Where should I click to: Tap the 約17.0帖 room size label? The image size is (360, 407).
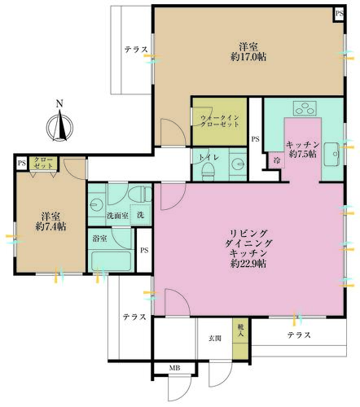[248, 57]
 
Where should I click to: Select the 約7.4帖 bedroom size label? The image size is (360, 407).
[50, 226]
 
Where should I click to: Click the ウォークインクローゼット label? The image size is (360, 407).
[220, 121]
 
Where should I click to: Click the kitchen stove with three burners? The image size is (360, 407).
[305, 108]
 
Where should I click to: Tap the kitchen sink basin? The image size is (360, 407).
[331, 154]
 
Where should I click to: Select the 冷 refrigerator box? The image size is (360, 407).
[277, 160]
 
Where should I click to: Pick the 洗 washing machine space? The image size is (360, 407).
[140, 215]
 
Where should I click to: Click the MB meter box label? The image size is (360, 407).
[175, 368]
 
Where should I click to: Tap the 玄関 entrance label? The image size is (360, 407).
[215, 338]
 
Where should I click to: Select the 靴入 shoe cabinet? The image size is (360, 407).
[240, 338]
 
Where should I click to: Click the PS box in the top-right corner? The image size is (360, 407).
[340, 13]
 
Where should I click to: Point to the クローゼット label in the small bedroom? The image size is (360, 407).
[44, 163]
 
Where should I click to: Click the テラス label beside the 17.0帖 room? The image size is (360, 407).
[136, 50]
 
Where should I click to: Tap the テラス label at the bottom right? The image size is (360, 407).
[299, 335]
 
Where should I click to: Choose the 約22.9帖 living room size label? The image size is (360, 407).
[248, 264]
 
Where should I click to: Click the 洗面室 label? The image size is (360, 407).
[117, 216]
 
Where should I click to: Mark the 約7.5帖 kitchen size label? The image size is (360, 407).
[303, 154]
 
